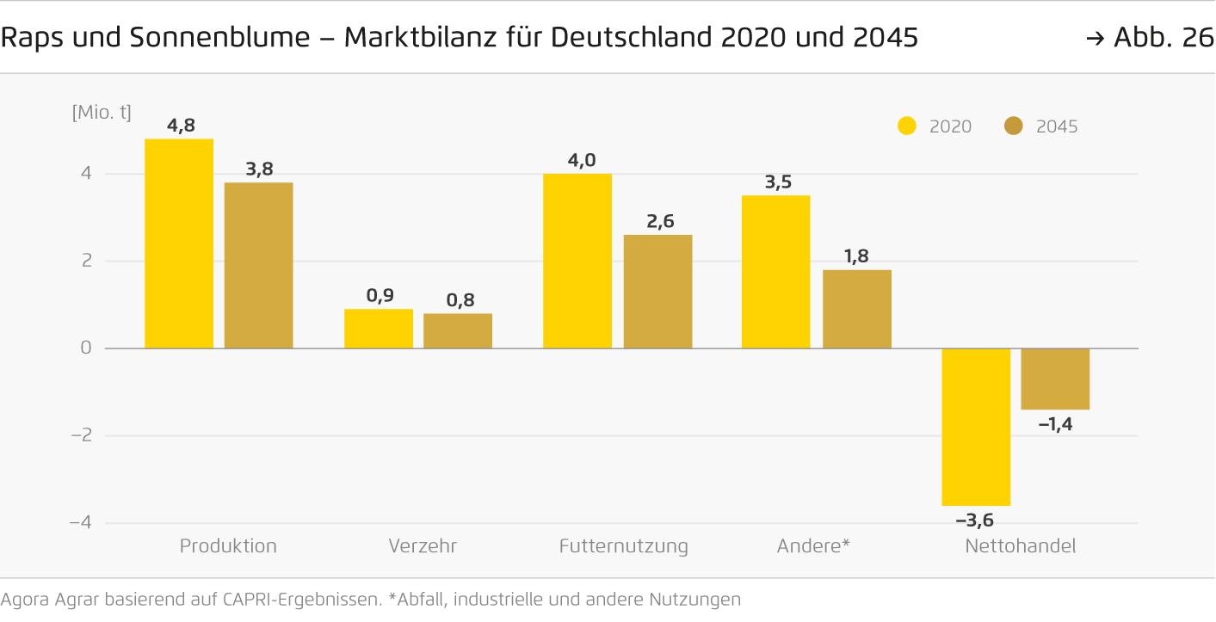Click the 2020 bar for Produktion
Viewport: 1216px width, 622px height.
(x=179, y=243)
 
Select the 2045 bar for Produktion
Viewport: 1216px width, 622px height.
(x=258, y=265)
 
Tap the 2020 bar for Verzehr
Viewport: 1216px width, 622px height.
(x=378, y=329)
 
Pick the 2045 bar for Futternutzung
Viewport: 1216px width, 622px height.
(x=657, y=292)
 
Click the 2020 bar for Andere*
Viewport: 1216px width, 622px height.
(x=775, y=272)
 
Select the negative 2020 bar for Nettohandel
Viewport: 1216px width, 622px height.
(x=976, y=427)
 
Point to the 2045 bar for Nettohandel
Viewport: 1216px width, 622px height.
(x=1055, y=379)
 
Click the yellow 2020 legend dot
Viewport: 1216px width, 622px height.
(x=907, y=126)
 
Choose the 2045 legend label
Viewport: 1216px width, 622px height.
(x=1057, y=126)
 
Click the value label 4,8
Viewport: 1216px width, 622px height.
(x=181, y=126)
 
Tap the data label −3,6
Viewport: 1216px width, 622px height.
(x=975, y=520)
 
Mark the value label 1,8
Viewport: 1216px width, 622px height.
(x=858, y=256)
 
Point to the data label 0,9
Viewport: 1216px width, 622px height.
(x=380, y=295)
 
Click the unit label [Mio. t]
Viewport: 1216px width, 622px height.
(x=102, y=112)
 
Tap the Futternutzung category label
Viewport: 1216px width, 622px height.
(x=623, y=546)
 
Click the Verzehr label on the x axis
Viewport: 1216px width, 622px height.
(x=422, y=546)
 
